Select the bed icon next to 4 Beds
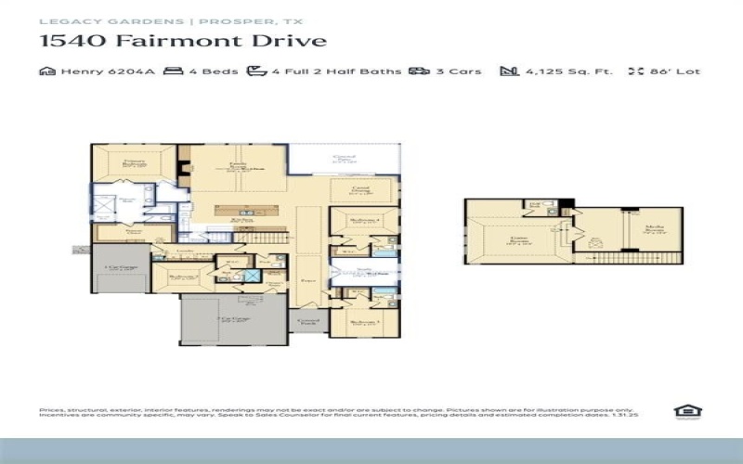tap(172, 71)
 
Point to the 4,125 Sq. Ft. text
tap(568, 71)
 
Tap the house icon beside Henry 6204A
tap(46, 71)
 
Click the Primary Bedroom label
tap(137, 164)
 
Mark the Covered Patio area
tap(344, 160)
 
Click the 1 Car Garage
tap(121, 269)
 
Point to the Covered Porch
tap(307, 322)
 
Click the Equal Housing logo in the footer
tap(685, 411)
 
